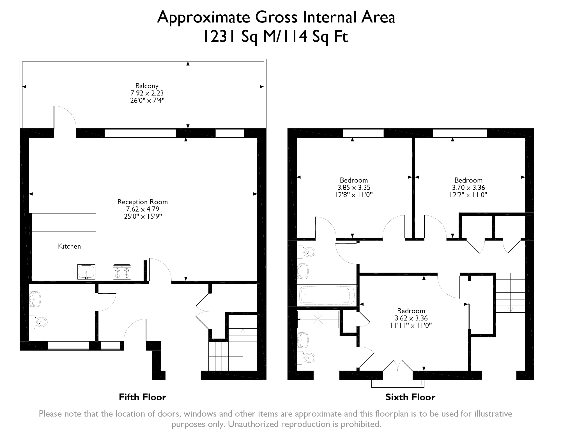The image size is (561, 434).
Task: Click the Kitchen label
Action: coord(69,246)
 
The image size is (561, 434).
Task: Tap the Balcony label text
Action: coord(147,86)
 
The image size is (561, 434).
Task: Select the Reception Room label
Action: coord(142,202)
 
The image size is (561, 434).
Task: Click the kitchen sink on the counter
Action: coord(86,272)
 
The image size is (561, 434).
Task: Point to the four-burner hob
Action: coord(122,272)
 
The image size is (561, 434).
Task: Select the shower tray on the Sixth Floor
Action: coord(318,319)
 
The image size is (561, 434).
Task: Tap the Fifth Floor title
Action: coord(142,397)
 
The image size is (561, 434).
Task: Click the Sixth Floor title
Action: coord(410,397)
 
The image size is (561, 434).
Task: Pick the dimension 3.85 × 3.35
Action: coord(354,187)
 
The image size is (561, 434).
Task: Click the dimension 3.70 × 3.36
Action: coord(468,187)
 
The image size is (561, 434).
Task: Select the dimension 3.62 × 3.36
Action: coord(411,318)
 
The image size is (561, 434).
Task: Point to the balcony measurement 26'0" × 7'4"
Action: coord(147,100)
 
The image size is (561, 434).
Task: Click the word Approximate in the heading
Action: coord(204,17)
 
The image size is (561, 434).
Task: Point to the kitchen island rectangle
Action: coord(64,222)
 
